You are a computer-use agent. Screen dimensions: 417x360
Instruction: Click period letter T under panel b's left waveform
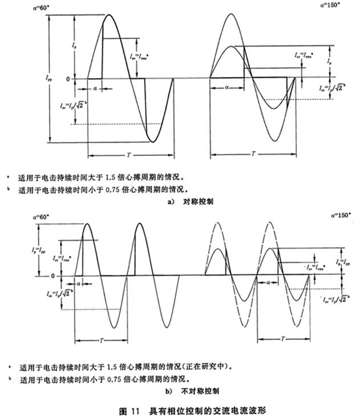click(x=101, y=339)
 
